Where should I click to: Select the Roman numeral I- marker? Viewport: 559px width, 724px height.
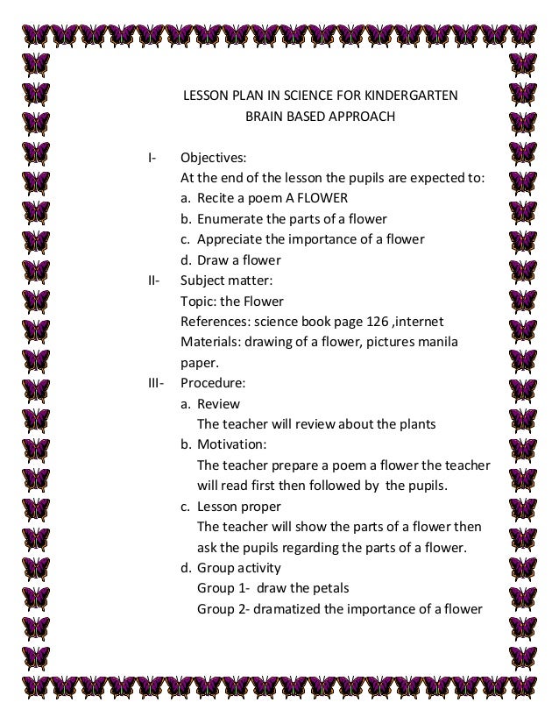click(152, 159)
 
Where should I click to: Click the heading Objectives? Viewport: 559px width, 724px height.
click(213, 159)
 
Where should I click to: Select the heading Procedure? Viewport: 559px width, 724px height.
click(213, 383)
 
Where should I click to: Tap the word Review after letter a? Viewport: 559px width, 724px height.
click(219, 404)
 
